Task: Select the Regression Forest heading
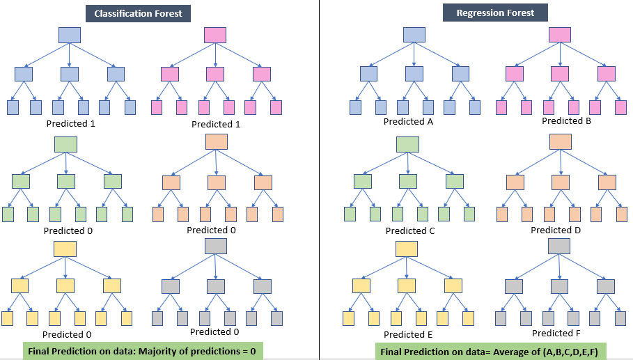pos(495,13)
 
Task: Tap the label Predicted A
pos(409,121)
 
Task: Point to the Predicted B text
pos(568,120)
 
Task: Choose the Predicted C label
pos(410,230)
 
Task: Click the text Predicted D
pos(556,230)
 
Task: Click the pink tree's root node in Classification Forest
pos(215,36)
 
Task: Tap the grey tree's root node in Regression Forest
pos(560,246)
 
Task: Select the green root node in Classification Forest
pos(65,144)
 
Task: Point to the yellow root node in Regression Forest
pos(407,249)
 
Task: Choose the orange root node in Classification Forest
pos(217,141)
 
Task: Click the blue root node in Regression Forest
pos(414,35)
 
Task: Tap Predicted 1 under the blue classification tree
pos(70,123)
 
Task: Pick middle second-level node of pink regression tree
pos(560,73)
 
